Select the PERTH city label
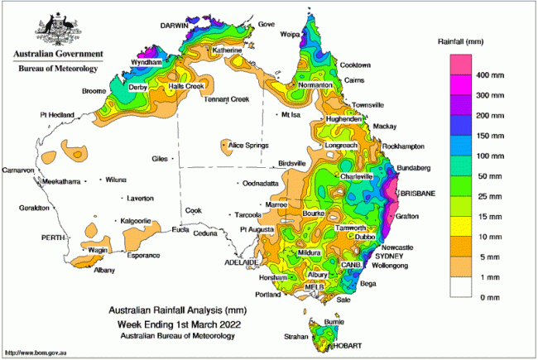[x=53, y=237]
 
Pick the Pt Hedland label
[x=58, y=114]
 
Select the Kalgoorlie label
[x=135, y=221]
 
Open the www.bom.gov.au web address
[x=36, y=352]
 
